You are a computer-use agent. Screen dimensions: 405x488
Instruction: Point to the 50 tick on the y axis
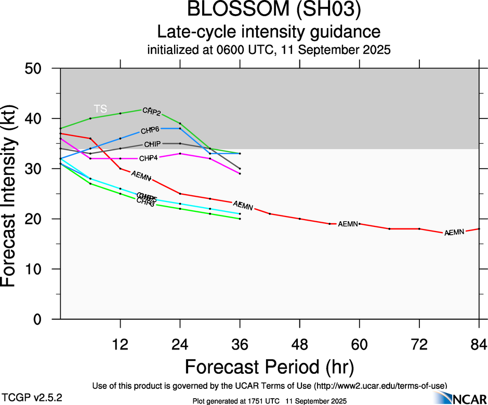(x=38, y=69)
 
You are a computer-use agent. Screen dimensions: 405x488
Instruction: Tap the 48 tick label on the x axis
(x=300, y=344)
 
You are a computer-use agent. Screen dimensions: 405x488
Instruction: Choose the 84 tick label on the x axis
(x=479, y=344)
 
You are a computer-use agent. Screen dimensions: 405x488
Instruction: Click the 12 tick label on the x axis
(x=121, y=344)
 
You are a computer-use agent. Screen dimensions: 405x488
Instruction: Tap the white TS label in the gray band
(x=100, y=109)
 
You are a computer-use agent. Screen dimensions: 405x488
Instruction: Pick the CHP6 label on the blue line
(x=150, y=130)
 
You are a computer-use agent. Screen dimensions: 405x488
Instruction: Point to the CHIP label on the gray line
(x=152, y=144)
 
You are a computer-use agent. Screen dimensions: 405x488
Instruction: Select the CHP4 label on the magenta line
(x=149, y=158)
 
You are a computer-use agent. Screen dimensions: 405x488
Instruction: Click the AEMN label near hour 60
(x=348, y=224)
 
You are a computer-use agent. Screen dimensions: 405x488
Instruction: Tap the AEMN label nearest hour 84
(x=454, y=232)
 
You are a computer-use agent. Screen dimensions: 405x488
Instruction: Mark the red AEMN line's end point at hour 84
(x=479, y=229)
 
